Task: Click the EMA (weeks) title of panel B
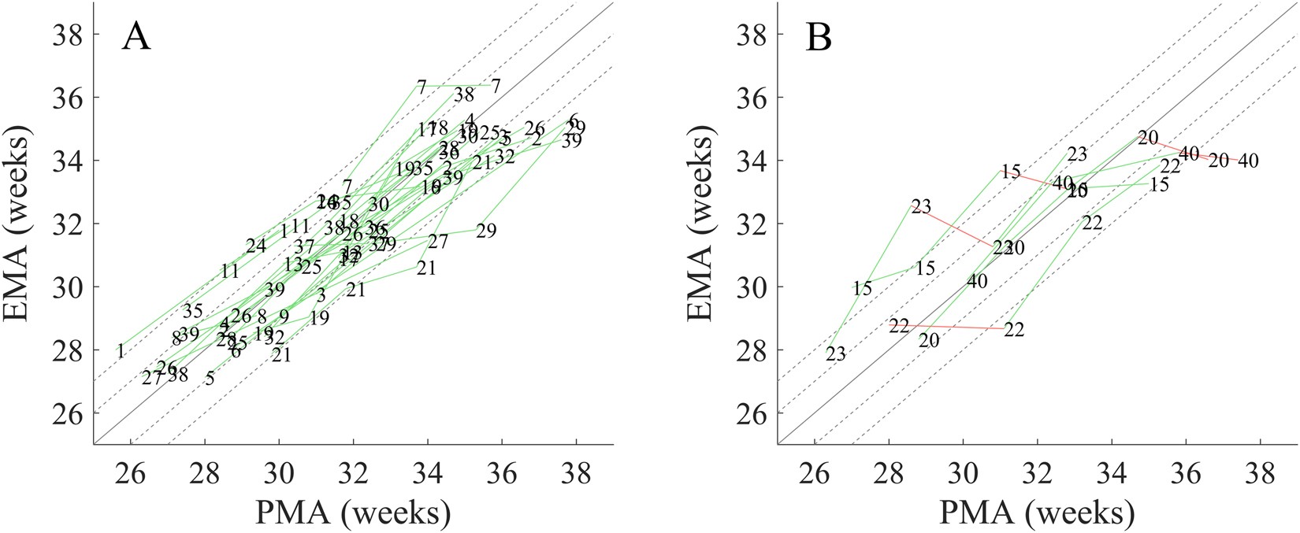700,223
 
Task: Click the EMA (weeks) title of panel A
17,223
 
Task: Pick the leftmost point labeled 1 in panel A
120,351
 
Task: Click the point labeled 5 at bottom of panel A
209,379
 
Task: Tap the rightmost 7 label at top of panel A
496,86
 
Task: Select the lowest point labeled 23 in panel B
835,355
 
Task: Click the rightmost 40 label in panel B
1247,161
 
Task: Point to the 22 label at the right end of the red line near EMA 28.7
1014,330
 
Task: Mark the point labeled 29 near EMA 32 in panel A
486,231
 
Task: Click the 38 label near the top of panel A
464,95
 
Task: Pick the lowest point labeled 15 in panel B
862,289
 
